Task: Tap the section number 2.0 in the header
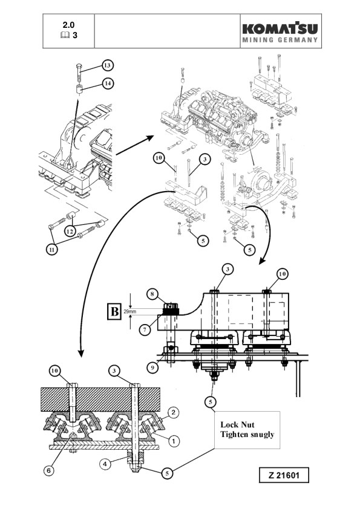pyautogui.click(x=70, y=25)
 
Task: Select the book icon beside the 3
pyautogui.click(x=65, y=36)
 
